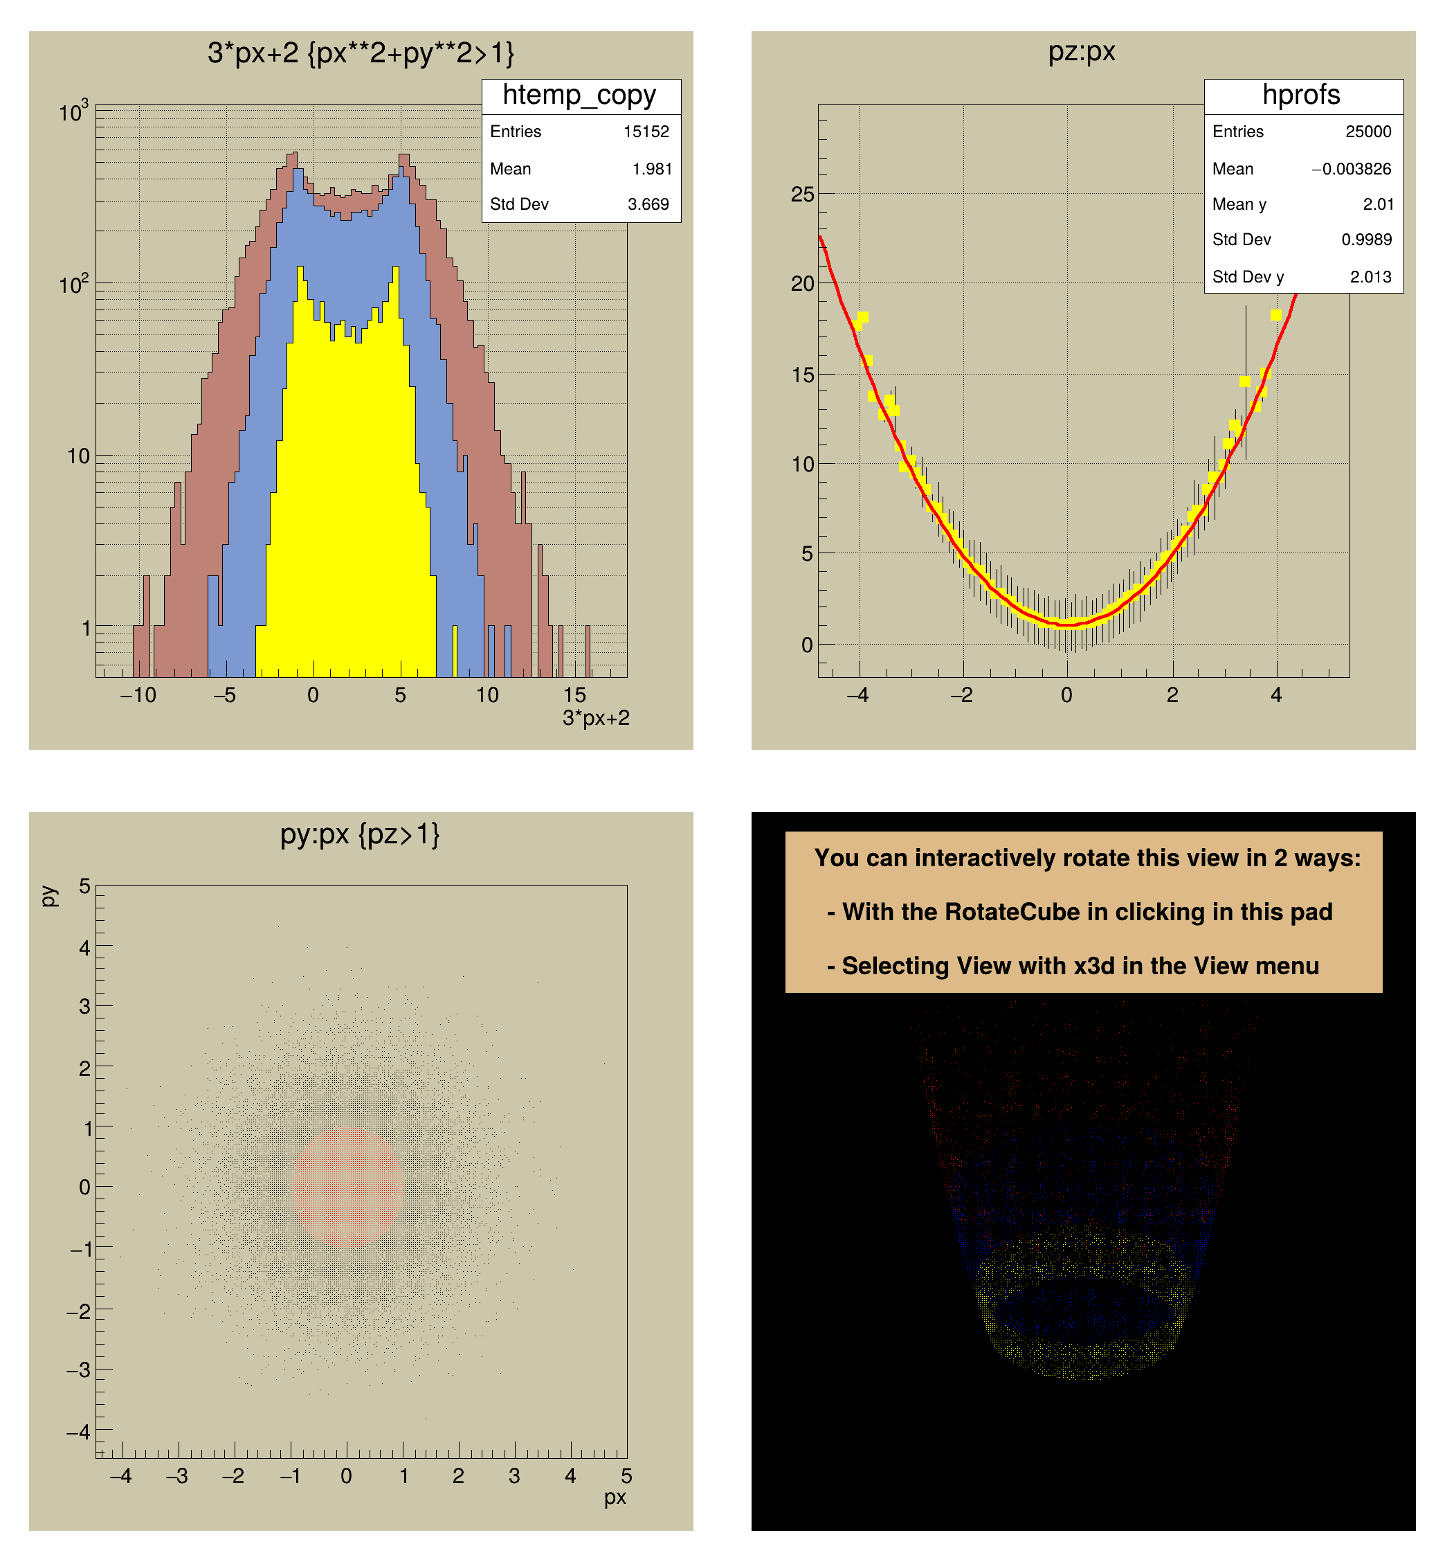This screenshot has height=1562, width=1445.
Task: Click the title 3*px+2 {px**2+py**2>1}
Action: (x=361, y=53)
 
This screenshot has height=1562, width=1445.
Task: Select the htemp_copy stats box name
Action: (x=579, y=96)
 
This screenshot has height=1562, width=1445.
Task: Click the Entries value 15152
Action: (x=646, y=132)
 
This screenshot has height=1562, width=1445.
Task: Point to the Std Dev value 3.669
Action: (x=648, y=204)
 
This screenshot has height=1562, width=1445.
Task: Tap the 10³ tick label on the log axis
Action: (x=73, y=113)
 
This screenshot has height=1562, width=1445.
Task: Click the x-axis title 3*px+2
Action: (x=596, y=718)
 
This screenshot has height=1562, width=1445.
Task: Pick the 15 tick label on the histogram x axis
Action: (x=574, y=694)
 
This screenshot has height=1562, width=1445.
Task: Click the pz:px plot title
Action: (x=1082, y=52)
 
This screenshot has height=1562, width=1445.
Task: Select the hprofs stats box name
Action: (x=1301, y=95)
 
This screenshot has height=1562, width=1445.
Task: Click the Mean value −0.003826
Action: (x=1351, y=169)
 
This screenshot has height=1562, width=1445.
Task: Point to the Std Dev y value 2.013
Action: (x=1371, y=277)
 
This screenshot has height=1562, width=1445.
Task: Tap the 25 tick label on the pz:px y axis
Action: (x=802, y=194)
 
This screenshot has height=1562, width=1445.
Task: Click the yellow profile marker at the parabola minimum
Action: (x=1066, y=624)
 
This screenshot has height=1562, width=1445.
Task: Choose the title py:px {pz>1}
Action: (x=360, y=834)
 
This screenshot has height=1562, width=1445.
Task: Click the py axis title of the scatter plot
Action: (x=48, y=897)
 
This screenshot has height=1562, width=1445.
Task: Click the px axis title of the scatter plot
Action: (x=615, y=1497)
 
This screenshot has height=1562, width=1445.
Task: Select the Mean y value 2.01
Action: (x=1378, y=204)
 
